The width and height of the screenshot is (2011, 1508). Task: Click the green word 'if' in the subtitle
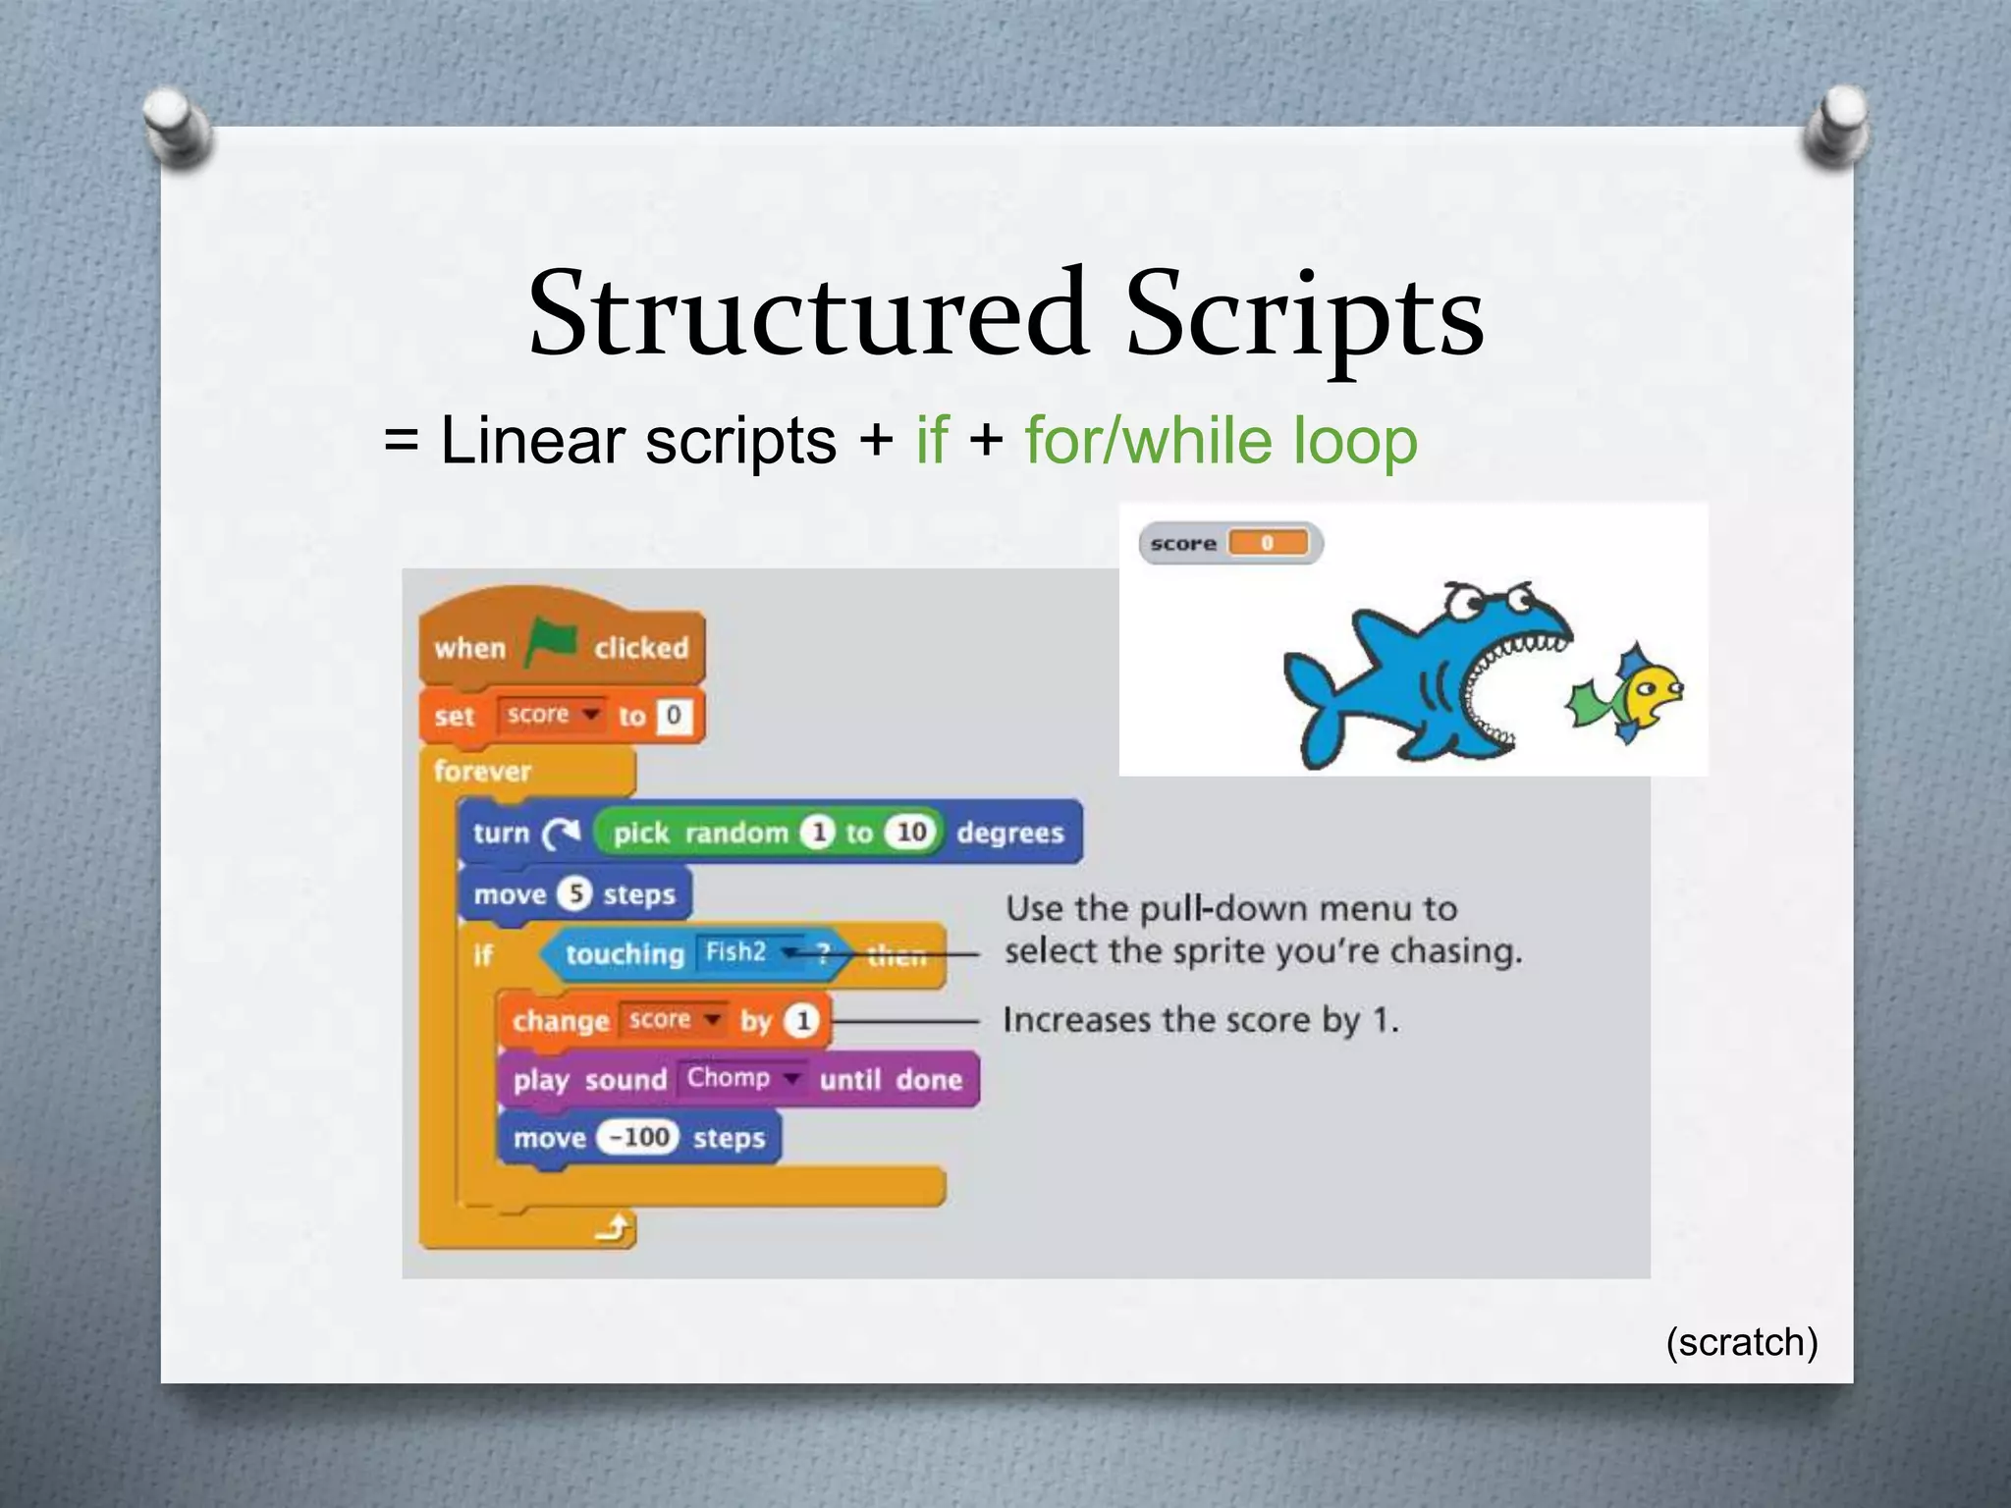932,440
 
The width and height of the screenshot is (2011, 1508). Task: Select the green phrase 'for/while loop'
1221,440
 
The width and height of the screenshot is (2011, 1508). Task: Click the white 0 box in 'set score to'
674,715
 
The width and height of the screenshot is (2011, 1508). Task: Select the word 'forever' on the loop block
482,771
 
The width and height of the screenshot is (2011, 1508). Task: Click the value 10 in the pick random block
911,833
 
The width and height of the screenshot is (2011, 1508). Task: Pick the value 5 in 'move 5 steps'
575,893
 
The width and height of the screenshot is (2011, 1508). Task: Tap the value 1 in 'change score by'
802,1021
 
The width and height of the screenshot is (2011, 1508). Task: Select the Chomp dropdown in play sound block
741,1078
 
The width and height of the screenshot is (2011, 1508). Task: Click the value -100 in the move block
638,1137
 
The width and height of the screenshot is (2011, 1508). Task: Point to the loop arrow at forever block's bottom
615,1227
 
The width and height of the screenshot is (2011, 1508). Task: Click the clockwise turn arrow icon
562,834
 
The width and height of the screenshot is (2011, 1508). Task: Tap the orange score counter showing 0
1268,543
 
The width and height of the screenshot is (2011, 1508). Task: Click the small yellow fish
1630,693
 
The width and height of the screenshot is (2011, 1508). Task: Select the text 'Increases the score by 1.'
1200,1020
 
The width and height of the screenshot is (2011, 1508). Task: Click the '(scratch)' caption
1741,1341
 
